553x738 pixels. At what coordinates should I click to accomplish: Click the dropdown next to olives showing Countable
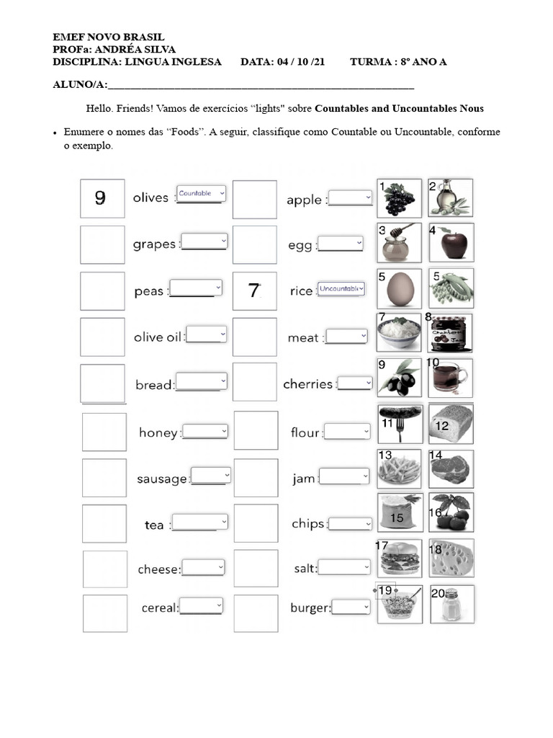pyautogui.click(x=201, y=194)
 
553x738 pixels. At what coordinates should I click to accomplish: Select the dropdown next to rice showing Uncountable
pyautogui.click(x=341, y=288)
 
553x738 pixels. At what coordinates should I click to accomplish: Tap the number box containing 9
pyautogui.click(x=102, y=198)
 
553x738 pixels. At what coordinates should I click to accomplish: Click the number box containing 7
pyautogui.click(x=254, y=291)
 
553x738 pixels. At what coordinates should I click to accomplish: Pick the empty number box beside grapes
pyautogui.click(x=102, y=244)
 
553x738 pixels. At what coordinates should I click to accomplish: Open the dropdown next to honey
pyautogui.click(x=205, y=431)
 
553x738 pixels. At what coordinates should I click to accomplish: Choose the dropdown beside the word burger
pyautogui.click(x=351, y=608)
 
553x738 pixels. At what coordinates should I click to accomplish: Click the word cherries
pyautogui.click(x=307, y=384)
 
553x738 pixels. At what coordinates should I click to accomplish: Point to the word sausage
pyautogui.click(x=162, y=479)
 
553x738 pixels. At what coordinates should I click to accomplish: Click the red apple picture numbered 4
pyautogui.click(x=451, y=243)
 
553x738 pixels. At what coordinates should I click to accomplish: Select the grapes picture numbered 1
pyautogui.click(x=400, y=198)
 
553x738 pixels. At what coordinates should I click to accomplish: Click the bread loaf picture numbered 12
pyautogui.click(x=451, y=424)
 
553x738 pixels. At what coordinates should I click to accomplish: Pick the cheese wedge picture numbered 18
pyautogui.click(x=451, y=559)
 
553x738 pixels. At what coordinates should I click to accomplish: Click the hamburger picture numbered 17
pyautogui.click(x=400, y=559)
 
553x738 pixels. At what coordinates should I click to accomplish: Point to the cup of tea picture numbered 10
pyautogui.click(x=451, y=378)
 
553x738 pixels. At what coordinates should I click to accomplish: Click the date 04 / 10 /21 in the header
pyautogui.click(x=283, y=62)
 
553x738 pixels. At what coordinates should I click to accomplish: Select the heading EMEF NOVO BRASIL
pyautogui.click(x=109, y=37)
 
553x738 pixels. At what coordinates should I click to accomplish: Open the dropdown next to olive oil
pyautogui.click(x=207, y=335)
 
